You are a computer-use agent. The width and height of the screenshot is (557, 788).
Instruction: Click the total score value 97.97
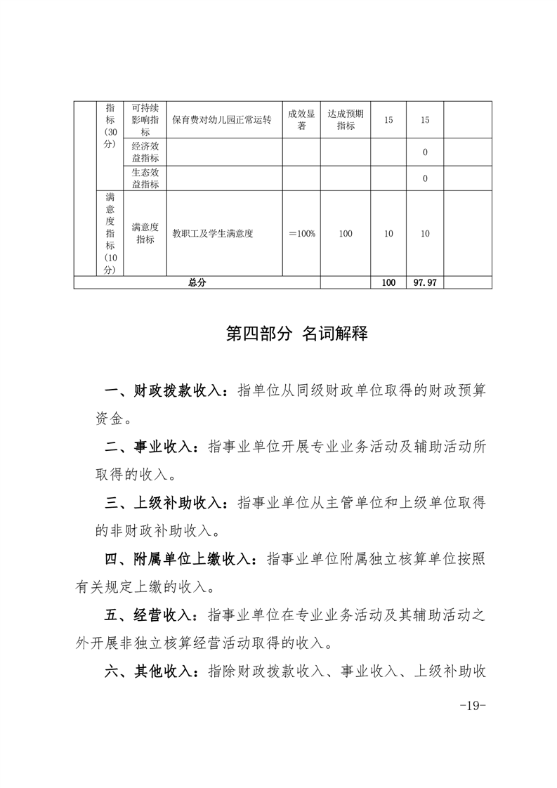pyautogui.click(x=425, y=282)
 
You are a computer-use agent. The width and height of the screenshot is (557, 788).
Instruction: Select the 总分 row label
pyautogui.click(x=197, y=282)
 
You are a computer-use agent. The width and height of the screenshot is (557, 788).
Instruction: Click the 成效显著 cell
pyautogui.click(x=301, y=120)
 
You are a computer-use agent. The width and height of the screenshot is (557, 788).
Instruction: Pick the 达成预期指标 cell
pyautogui.click(x=346, y=120)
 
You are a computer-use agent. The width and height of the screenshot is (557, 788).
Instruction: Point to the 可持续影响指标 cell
pyautogui.click(x=145, y=120)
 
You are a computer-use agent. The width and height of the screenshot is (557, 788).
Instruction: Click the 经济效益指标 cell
pyautogui.click(x=145, y=152)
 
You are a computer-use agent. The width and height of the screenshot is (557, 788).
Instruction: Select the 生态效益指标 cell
pyautogui.click(x=145, y=178)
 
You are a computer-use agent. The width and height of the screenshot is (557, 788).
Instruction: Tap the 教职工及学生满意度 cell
pyautogui.click(x=213, y=234)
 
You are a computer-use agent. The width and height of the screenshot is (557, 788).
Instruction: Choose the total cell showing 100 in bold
pyautogui.click(x=388, y=282)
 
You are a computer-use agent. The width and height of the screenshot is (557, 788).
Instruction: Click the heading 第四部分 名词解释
pyautogui.click(x=296, y=334)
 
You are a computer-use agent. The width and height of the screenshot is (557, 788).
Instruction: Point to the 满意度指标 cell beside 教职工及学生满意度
pyautogui.click(x=145, y=234)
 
